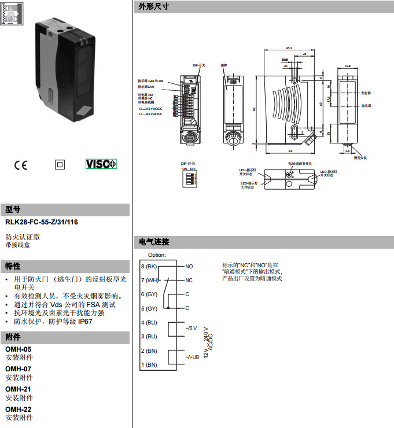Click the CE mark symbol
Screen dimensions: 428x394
coord(20,164)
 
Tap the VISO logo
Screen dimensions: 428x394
coord(101,164)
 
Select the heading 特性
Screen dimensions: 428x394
coord(13,266)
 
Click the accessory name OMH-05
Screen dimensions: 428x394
coord(18,349)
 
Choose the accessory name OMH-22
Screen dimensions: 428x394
coord(18,409)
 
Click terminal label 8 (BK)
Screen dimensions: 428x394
coord(149,267)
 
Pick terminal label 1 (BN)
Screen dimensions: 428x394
coord(149,364)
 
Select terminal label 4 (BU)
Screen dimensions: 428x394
coord(149,322)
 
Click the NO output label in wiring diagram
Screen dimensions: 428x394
coord(189,267)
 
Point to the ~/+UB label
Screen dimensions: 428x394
coord(192,358)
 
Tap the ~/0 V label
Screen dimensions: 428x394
coord(190,329)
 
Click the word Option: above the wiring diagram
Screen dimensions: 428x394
coord(157,254)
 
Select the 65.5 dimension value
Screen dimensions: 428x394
coord(288,48)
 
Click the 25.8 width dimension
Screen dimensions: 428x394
coord(347,66)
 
